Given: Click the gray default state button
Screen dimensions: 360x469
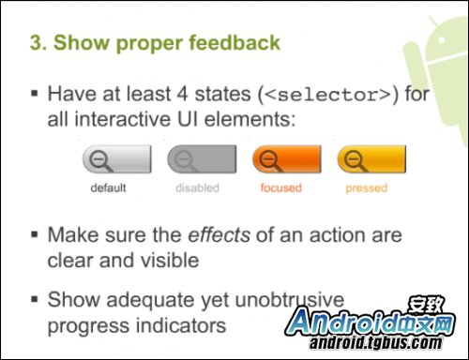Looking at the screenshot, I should [x=116, y=159].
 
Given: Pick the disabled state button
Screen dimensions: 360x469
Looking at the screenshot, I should [x=201, y=159].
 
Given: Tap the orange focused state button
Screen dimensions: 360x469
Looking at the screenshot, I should [x=285, y=159].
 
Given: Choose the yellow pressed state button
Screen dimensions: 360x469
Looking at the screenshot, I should [x=371, y=159].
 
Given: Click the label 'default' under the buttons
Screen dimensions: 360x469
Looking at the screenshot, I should [x=108, y=187].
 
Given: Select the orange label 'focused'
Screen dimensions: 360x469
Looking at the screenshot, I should [x=280, y=187].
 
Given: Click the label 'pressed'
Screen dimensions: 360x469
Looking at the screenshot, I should [x=366, y=187].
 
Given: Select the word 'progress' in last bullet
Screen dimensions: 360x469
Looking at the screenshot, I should [x=85, y=325].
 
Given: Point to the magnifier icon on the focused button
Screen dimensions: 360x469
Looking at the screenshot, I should [x=271, y=160].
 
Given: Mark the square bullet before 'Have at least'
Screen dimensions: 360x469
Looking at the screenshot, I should [x=35, y=96].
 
